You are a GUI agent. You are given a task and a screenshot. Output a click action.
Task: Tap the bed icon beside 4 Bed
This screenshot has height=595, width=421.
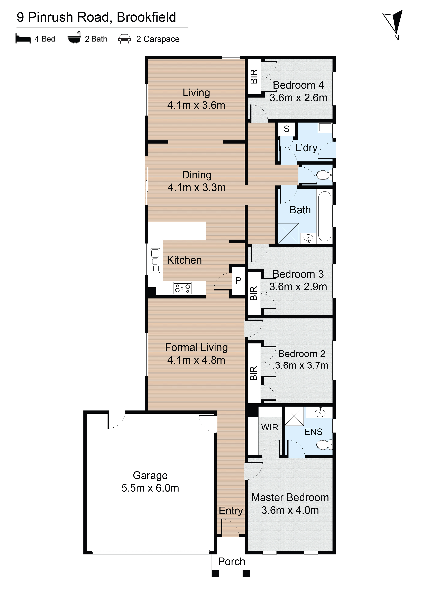point(23,39)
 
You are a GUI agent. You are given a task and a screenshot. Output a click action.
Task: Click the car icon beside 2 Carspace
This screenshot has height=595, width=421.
point(124,39)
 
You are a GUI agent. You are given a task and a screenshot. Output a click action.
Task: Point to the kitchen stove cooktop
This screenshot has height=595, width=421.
point(182,288)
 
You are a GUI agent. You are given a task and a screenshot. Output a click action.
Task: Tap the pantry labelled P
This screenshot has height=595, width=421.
point(238,281)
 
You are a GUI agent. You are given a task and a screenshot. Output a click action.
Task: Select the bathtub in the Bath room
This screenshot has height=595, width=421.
point(325,216)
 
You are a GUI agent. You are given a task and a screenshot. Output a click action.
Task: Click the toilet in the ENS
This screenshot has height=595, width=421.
point(324,445)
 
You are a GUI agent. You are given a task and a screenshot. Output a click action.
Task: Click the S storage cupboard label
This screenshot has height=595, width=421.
point(286,129)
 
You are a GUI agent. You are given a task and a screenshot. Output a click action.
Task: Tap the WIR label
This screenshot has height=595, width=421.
point(270,427)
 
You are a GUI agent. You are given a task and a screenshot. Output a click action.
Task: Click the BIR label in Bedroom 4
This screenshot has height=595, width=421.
point(254,76)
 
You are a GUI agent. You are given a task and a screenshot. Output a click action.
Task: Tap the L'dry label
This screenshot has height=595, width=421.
point(306,148)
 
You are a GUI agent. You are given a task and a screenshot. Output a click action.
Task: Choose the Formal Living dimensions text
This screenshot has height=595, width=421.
point(196,360)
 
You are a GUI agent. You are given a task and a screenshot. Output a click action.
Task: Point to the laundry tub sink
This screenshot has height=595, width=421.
point(325,128)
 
